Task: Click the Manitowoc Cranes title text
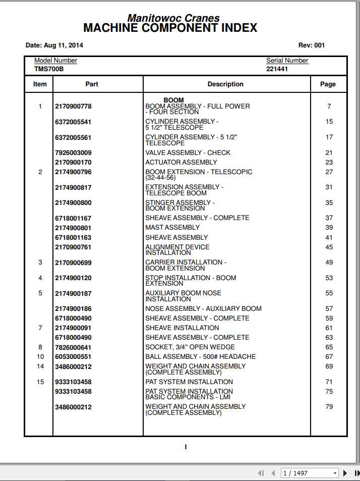[x=173, y=18]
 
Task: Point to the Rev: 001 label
[x=312, y=45]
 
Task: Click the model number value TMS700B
[x=49, y=69]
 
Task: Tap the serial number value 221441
[x=277, y=69]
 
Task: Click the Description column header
[x=225, y=84]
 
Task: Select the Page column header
[x=328, y=84]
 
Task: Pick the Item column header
[x=40, y=84]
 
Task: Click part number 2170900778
[x=73, y=106]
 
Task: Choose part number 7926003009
[x=73, y=153]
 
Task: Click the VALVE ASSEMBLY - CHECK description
[x=188, y=153]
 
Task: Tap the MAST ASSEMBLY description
[x=172, y=228]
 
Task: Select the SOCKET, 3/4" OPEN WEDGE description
[x=190, y=347]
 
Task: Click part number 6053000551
[x=73, y=357]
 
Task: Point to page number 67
[x=329, y=357]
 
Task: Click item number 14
[x=40, y=366]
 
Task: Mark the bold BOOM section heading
[x=173, y=100]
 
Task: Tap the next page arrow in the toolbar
[x=345, y=473]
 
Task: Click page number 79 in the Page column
[x=329, y=407]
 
